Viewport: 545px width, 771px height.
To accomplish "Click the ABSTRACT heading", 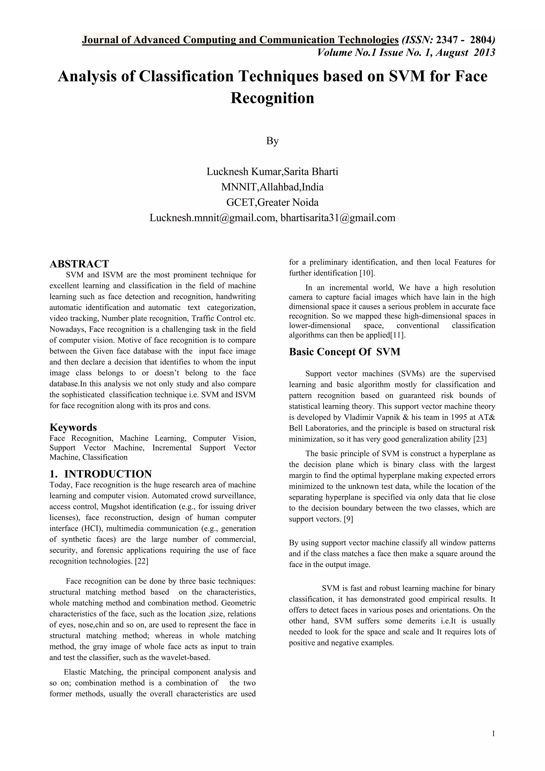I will tap(79, 264).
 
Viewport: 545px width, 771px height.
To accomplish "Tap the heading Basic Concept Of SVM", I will tap(345, 352).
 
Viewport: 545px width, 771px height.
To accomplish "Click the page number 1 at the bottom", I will tap(493, 733).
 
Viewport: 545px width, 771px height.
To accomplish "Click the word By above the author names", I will tap(272, 141).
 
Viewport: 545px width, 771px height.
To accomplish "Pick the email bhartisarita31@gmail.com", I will tap(338, 218).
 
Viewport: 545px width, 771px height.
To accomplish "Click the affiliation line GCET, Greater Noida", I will tap(272, 203).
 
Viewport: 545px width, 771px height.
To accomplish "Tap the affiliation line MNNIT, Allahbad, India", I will tap(272, 187).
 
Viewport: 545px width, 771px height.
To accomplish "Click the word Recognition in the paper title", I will tap(272, 98).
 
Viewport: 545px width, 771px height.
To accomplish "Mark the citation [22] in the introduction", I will tap(141, 561).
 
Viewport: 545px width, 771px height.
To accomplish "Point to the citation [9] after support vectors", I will tap(348, 519).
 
